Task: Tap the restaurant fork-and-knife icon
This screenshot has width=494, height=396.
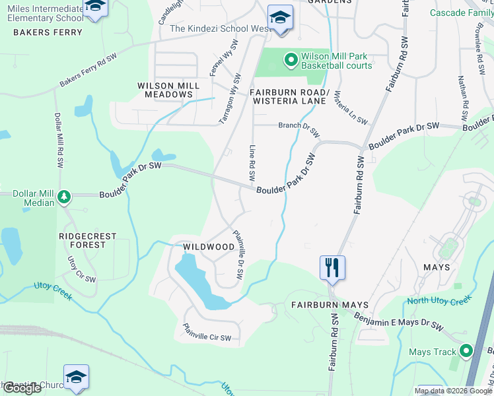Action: tap(332, 268)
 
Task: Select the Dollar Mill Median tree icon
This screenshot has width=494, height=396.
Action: tap(64, 197)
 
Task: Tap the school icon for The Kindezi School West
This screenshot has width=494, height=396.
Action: tap(279, 17)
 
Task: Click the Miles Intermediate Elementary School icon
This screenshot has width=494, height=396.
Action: tap(96, 7)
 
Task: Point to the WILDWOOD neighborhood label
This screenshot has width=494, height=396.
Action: tap(209, 247)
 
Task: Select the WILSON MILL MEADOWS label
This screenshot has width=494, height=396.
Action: tap(165, 90)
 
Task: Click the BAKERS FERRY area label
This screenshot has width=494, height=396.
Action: tap(48, 32)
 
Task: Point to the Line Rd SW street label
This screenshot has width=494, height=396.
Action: tap(252, 163)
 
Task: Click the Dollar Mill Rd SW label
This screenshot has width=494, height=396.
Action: tap(57, 143)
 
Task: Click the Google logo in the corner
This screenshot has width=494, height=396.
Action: tap(22, 388)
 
